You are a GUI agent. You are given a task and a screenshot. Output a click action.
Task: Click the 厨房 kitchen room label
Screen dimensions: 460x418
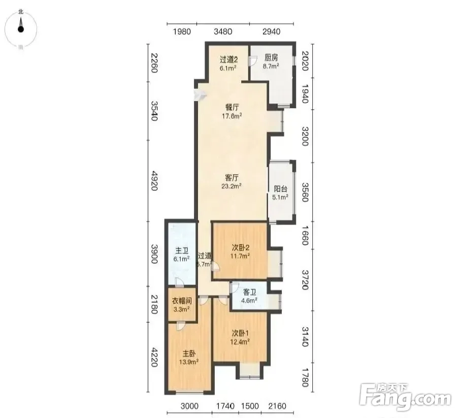pos(271,57)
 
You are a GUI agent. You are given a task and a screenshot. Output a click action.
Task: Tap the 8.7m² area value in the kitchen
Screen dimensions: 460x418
pos(271,66)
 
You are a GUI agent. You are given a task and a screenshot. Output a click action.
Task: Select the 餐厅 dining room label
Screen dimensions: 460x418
pos(232,107)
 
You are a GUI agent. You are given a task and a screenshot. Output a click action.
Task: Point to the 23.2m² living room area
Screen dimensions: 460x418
pos(232,186)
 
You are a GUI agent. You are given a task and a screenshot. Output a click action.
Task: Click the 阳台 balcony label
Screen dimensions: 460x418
pos(280,189)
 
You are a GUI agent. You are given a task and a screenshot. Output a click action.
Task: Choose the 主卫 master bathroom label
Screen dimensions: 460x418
pos(182,250)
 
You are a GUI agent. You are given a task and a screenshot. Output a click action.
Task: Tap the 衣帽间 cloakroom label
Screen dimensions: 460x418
pos(182,301)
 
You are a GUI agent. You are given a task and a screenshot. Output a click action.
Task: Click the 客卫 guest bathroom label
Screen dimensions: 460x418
pos(249,292)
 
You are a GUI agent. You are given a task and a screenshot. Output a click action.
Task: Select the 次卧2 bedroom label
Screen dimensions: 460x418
pos(240,247)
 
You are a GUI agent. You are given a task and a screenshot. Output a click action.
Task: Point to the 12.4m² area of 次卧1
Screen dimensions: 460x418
pos(240,342)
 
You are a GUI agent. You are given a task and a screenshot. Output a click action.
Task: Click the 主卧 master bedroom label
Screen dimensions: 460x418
pos(189,353)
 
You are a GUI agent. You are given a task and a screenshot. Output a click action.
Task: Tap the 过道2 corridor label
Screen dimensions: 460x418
pos(228,59)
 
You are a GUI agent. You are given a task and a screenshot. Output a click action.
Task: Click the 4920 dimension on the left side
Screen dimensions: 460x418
pos(154,181)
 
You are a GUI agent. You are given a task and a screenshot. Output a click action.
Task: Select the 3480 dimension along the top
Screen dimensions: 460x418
pos(223,31)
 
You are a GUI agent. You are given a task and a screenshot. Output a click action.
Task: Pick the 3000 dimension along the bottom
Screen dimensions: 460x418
pos(189,406)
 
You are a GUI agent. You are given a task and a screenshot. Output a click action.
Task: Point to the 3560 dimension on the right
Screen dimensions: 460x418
pos(305,192)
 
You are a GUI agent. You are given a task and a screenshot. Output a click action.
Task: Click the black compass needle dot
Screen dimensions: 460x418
pos(20,29)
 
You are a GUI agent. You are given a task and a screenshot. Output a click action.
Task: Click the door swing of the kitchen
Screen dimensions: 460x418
pos(252,61)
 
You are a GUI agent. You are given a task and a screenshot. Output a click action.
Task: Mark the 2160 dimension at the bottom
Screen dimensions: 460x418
pos(277,406)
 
